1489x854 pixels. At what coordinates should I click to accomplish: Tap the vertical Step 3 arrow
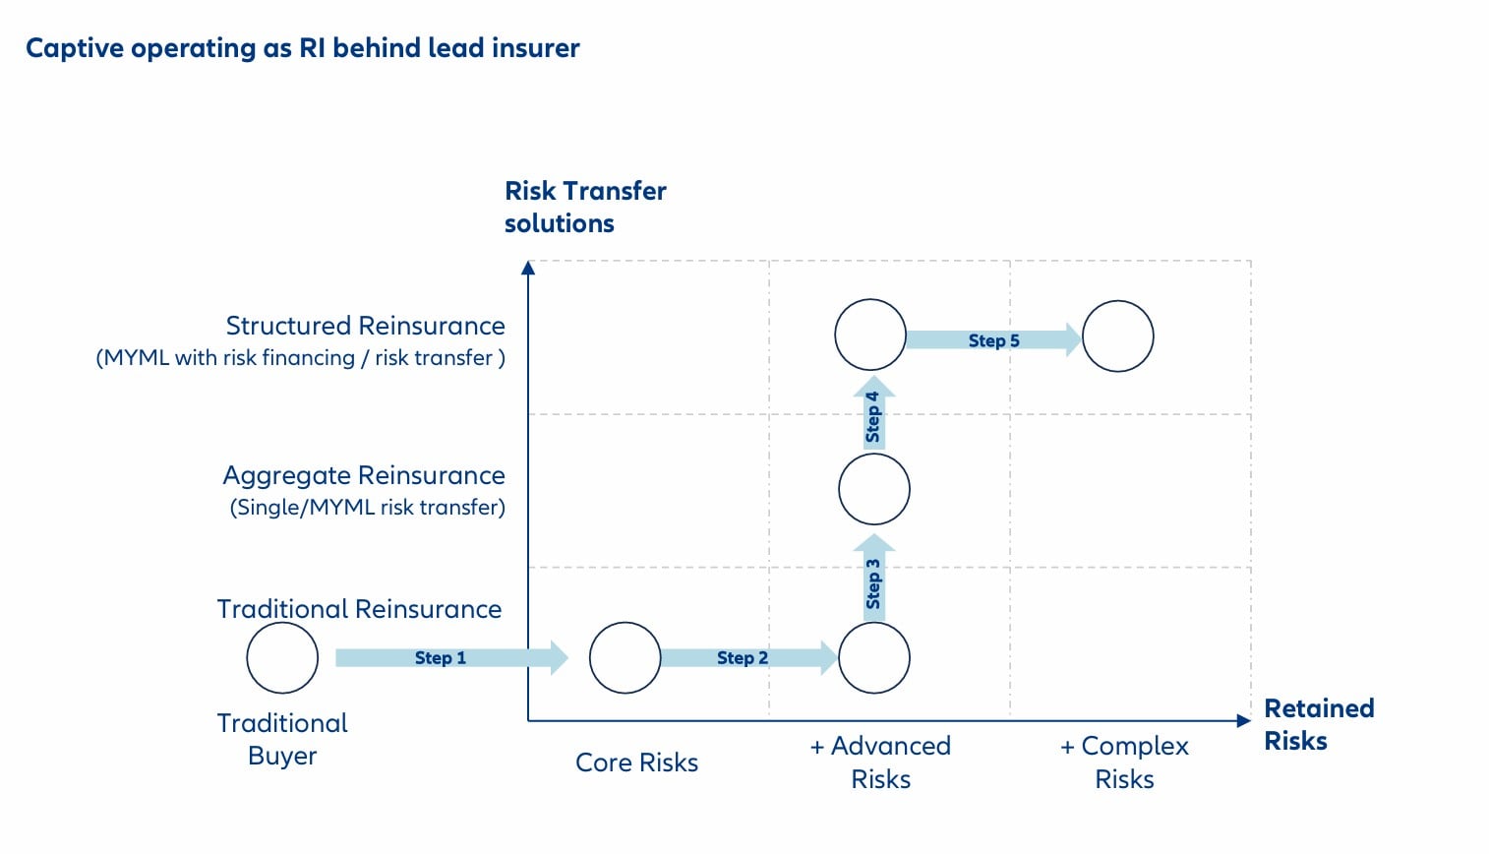coord(873,580)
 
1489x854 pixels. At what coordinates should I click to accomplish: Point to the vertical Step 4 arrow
coord(873,414)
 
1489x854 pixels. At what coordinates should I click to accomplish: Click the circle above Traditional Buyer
coord(282,657)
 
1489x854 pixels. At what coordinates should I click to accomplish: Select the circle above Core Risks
coord(625,657)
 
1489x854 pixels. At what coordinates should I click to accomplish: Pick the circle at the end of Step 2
coord(873,657)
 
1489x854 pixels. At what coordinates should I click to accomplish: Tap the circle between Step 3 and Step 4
coord(873,489)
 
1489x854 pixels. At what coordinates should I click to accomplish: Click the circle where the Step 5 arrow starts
coord(870,335)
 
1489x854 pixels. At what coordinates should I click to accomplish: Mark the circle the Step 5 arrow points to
coord(1117,335)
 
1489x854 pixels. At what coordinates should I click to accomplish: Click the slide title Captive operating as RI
coord(303,48)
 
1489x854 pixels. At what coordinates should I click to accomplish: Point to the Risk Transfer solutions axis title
coord(585,207)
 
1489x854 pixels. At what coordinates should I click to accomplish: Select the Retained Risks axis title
coord(1318,724)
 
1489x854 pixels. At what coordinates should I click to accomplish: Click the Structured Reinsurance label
coord(365,326)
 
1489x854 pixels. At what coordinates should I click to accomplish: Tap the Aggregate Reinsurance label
coord(364,475)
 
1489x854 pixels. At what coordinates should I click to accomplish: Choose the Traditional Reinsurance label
coord(359,609)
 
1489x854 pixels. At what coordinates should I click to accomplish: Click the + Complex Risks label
coord(1124,762)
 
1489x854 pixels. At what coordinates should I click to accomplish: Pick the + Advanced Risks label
coord(880,762)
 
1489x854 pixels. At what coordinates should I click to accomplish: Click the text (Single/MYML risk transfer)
coord(367,508)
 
